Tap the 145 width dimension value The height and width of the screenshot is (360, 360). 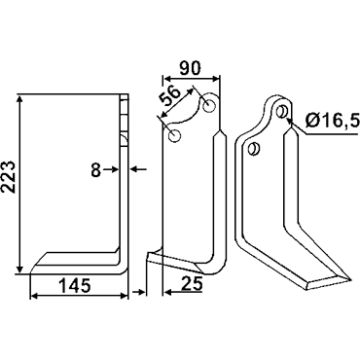pyautogui.click(x=75, y=285)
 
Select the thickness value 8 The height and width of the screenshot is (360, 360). pyautogui.click(x=96, y=170)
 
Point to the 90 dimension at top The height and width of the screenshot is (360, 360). pyautogui.click(x=190, y=67)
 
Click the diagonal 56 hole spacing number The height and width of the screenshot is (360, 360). pyautogui.click(x=169, y=96)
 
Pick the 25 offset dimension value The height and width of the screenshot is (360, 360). pyautogui.click(x=192, y=284)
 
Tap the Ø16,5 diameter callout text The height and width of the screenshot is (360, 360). pyautogui.click(x=333, y=122)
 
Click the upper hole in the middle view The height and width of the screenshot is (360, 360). pyautogui.click(x=209, y=105)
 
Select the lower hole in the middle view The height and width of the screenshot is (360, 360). pyautogui.click(x=174, y=135)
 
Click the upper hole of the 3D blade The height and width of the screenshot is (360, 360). pyautogui.click(x=282, y=112)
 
